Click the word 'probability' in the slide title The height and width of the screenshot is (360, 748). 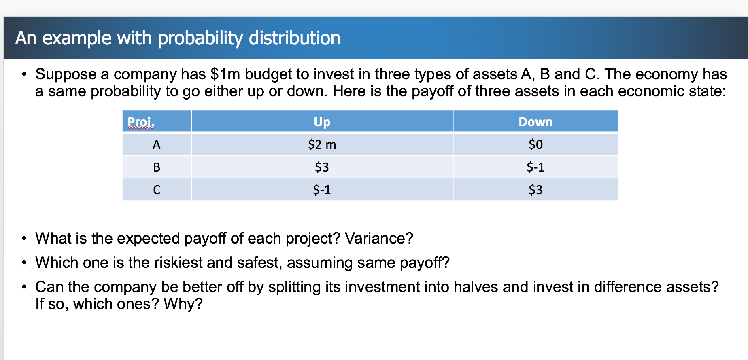click(200, 38)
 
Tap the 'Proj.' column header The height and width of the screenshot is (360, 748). click(141, 122)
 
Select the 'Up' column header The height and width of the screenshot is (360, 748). click(322, 122)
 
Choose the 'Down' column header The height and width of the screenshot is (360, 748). click(535, 122)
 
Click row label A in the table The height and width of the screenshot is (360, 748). click(157, 144)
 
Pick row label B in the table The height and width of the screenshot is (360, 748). click(157, 167)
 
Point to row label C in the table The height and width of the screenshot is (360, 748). click(157, 190)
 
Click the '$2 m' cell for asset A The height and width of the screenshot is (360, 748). click(322, 144)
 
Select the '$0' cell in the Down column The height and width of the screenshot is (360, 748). click(535, 144)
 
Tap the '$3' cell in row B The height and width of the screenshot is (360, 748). click(322, 167)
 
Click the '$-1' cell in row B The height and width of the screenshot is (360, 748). click(535, 167)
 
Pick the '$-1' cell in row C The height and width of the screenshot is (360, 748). click(322, 190)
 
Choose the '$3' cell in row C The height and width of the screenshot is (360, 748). click(535, 190)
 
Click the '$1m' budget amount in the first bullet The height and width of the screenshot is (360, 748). click(225, 74)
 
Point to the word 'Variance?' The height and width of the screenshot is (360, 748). click(379, 238)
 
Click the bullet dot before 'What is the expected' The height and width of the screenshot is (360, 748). click(25, 238)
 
